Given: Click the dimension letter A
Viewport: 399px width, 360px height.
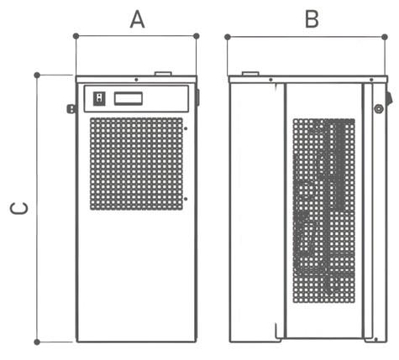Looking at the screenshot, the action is pyautogui.click(x=137, y=19).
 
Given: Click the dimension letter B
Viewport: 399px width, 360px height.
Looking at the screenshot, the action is pyautogui.click(x=312, y=19).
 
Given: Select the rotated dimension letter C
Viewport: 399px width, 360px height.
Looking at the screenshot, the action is pyautogui.click(x=19, y=208).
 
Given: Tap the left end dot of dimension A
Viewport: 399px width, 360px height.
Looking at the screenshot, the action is pyautogui.click(x=76, y=36).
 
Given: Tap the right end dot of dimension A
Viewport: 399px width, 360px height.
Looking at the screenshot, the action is pyautogui.click(x=197, y=36).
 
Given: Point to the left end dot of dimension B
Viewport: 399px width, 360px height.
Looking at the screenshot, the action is pyautogui.click(x=228, y=37).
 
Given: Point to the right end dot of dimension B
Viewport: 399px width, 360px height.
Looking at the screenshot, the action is pyautogui.click(x=385, y=37).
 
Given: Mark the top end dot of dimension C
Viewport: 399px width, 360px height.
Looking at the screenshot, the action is pyautogui.click(x=37, y=75).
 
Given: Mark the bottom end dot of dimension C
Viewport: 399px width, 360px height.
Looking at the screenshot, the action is pyautogui.click(x=37, y=342).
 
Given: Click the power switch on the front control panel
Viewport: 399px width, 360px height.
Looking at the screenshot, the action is pyautogui.click(x=99, y=99).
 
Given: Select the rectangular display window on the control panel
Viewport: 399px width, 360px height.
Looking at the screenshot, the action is pyautogui.click(x=129, y=99).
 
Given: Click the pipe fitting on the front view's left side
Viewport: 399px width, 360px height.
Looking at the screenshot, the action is pyautogui.click(x=71, y=108).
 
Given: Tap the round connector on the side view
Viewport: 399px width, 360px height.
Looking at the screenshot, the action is pyautogui.click(x=379, y=108).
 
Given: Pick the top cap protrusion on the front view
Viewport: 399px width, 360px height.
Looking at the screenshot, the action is pyautogui.click(x=163, y=74).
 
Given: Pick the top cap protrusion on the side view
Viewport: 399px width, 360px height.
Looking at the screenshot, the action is pyautogui.click(x=250, y=74).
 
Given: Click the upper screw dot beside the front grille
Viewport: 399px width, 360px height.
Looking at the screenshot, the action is pyautogui.click(x=186, y=128).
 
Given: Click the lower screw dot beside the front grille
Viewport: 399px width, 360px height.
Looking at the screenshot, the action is pyautogui.click(x=186, y=199).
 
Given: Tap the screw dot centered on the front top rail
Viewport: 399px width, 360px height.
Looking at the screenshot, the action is pyautogui.click(x=136, y=80).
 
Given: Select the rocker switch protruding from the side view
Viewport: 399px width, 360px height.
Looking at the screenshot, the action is pyautogui.click(x=390, y=98).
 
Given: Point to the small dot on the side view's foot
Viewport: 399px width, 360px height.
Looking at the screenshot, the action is pyautogui.click(x=375, y=339).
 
